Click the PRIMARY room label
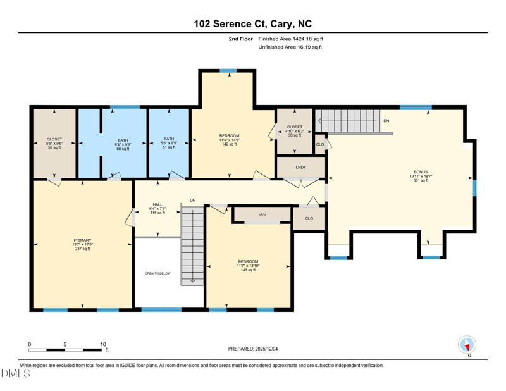coord(82,240)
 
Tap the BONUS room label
coord(421,172)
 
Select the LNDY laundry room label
coord(301,167)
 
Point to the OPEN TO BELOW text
coord(157,273)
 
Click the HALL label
coord(157,204)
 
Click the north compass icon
coord(467,345)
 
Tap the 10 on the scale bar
coord(103,345)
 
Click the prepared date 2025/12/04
coord(266,349)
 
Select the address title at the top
coord(252,24)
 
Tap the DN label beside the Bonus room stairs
coord(386,121)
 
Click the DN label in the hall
coord(193,200)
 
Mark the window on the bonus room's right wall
coord(474,188)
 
